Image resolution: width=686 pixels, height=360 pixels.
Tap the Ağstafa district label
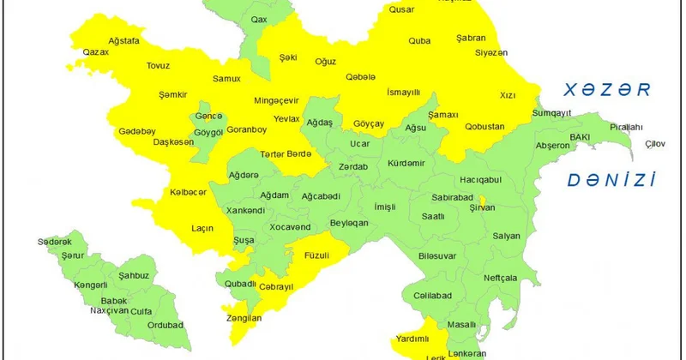pyautogui.click(x=124, y=40)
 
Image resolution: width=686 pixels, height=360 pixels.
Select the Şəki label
pyautogui.click(x=288, y=57)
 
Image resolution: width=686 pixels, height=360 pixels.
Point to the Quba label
pyautogui.click(x=419, y=39)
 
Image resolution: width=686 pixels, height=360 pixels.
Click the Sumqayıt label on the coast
pyautogui.click(x=551, y=113)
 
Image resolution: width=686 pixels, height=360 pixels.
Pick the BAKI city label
pyautogui.click(x=581, y=136)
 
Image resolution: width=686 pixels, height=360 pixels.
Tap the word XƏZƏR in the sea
pyautogui.click(x=602, y=89)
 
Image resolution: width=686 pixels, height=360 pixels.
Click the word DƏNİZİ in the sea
pyautogui.click(x=611, y=180)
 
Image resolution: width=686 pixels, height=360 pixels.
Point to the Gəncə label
pyautogui.click(x=208, y=116)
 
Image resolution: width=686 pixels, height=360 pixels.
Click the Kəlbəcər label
pyautogui.click(x=188, y=193)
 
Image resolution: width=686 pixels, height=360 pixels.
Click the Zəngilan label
pyautogui.click(x=243, y=318)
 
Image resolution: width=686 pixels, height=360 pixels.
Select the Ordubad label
pyautogui.click(x=165, y=325)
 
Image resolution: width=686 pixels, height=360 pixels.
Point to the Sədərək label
pyautogui.click(x=54, y=243)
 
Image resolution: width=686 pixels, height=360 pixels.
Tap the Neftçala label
pyautogui.click(x=500, y=278)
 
